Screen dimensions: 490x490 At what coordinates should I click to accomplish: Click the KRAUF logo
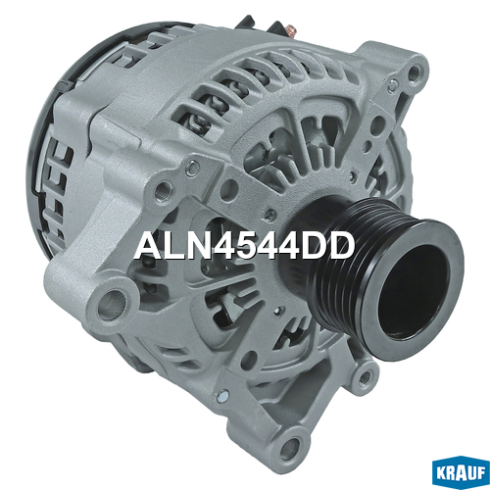tap(462, 472)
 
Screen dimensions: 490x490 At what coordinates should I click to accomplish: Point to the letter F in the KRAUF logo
tap(481, 474)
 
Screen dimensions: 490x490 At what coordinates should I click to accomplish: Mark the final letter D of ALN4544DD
tap(342, 246)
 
